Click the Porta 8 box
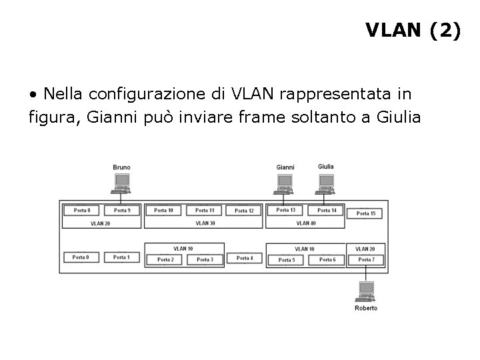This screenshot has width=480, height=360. click(x=81, y=211)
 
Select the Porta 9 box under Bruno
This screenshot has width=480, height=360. click(x=121, y=211)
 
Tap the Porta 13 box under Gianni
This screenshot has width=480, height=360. click(x=285, y=211)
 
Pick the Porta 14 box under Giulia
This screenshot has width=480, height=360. click(x=327, y=211)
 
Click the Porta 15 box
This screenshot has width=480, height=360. click(x=366, y=213)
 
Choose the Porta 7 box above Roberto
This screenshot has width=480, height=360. click(x=366, y=259)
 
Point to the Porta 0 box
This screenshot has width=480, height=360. click(x=81, y=257)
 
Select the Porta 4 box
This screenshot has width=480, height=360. click(x=244, y=258)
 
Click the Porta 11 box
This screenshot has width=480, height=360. click(x=205, y=211)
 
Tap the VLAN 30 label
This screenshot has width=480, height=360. click(x=204, y=223)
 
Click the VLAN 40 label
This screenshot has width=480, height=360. click(x=305, y=223)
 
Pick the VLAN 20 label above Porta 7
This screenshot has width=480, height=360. click(x=365, y=249)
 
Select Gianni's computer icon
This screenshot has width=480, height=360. click(x=285, y=182)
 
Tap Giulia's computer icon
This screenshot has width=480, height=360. click(x=326, y=181)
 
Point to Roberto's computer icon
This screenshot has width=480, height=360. click(x=366, y=291)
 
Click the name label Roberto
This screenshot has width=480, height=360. click(x=366, y=308)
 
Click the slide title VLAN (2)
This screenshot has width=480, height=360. click(x=413, y=31)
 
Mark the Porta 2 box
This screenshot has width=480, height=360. click(x=165, y=259)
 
